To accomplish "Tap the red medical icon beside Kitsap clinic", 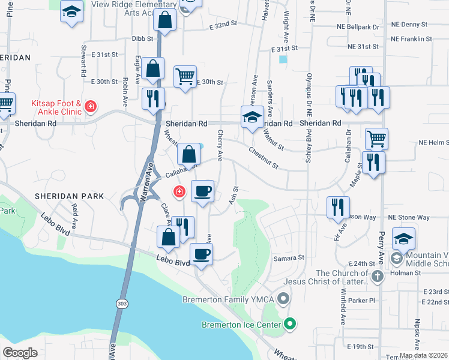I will (x=91, y=107).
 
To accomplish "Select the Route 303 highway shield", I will (x=122, y=304).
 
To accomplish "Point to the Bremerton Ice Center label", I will (x=241, y=325).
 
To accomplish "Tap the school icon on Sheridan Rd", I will (x=253, y=116).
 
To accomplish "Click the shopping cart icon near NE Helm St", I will (x=376, y=138).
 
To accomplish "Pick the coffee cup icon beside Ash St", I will (x=202, y=191).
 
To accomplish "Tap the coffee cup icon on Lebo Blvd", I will (x=201, y=254).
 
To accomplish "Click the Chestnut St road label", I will (x=263, y=159).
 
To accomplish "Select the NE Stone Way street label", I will (x=409, y=217).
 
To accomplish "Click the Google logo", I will (x=20, y=353).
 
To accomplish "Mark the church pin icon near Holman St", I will (x=377, y=277).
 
